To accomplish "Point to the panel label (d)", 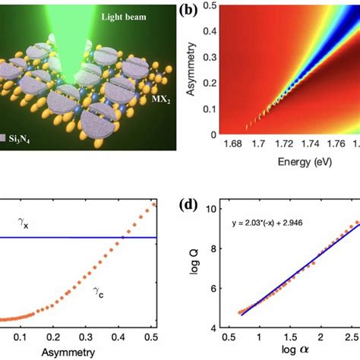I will click(190, 205).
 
